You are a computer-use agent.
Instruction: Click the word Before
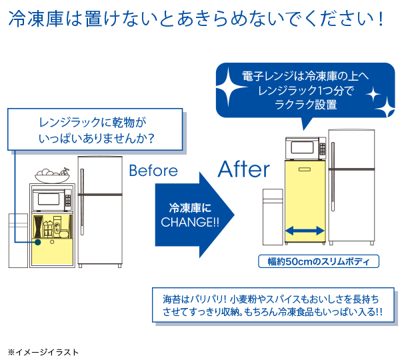pos(153,171)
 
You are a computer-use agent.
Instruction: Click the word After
pos(244,169)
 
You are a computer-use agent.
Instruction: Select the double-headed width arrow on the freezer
pos(305,230)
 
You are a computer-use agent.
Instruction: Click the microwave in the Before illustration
pos(53,199)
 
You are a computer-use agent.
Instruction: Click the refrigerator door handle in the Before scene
pos(82,190)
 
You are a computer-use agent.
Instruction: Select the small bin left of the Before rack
pos(17,240)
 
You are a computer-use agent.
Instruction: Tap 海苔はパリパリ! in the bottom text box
pos(189,297)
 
